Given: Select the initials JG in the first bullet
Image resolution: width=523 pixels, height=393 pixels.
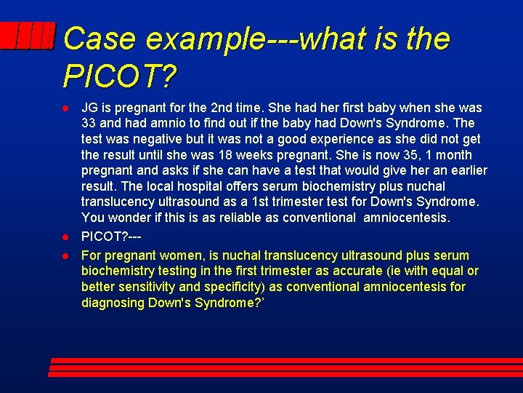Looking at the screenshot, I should point(90,108).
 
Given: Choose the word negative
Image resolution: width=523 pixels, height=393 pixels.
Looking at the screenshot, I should point(166,139).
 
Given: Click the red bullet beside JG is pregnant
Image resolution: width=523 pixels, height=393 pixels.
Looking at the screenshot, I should point(65,108).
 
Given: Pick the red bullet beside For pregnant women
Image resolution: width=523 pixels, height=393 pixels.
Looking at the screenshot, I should point(65,255).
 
